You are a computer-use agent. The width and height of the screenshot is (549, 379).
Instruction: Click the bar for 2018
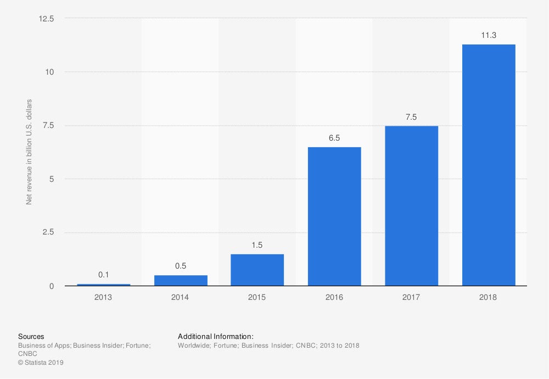[x=488, y=165]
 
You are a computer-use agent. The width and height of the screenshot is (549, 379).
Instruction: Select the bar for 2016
[x=334, y=216]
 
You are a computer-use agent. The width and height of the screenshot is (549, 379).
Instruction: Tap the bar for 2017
[x=411, y=205]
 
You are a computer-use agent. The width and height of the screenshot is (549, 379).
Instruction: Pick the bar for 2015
[x=257, y=270]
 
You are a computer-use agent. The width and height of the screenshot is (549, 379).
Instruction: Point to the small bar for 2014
[x=181, y=280]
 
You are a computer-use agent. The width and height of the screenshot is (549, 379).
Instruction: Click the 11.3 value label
[x=488, y=35]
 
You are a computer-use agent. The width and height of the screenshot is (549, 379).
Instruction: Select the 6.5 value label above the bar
[x=334, y=138]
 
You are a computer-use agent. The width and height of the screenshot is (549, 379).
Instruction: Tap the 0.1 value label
[x=104, y=275]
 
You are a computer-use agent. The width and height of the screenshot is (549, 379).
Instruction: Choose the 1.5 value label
[x=257, y=245]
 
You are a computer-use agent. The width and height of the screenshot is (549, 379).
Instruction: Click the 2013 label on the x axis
[x=104, y=297]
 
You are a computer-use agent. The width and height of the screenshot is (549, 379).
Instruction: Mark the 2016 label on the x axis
[x=334, y=297]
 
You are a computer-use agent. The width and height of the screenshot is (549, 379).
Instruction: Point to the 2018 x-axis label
[x=488, y=297]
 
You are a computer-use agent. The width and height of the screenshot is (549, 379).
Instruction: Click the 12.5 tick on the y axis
[x=46, y=19]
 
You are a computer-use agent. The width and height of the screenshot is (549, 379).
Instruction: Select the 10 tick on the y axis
[x=50, y=72]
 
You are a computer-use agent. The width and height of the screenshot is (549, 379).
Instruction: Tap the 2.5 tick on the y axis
[x=48, y=232]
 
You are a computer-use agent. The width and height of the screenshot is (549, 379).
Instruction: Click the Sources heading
[x=31, y=337]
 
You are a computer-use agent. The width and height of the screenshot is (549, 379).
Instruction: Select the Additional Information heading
[x=216, y=337]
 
